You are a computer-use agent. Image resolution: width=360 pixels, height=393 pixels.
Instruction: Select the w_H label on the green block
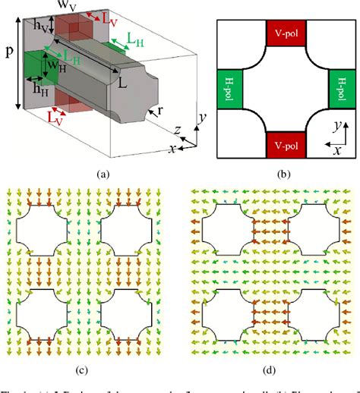(x=54, y=66)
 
